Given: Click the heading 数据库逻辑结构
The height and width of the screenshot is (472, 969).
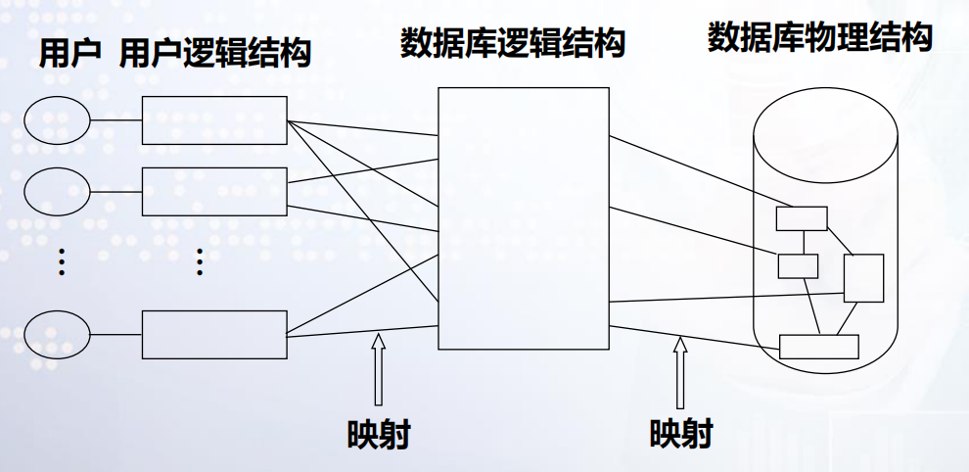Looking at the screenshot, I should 513,43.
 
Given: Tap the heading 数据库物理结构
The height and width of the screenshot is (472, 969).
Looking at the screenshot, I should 819,38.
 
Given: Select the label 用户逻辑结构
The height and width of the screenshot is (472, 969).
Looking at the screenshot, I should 214,54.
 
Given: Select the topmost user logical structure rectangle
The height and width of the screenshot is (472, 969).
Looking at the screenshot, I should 214,120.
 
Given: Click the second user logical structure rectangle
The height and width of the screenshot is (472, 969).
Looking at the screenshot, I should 214,192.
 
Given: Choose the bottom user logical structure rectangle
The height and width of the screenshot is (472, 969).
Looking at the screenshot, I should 214,334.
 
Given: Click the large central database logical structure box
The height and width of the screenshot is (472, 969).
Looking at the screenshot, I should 524,217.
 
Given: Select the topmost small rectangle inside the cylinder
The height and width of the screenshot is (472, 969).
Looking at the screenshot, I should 802,218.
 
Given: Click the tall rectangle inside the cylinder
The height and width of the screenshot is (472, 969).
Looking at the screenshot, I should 863,278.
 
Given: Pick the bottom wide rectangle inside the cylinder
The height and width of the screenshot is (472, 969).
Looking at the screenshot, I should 818,347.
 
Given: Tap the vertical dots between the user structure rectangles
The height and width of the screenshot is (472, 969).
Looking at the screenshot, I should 200,262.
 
